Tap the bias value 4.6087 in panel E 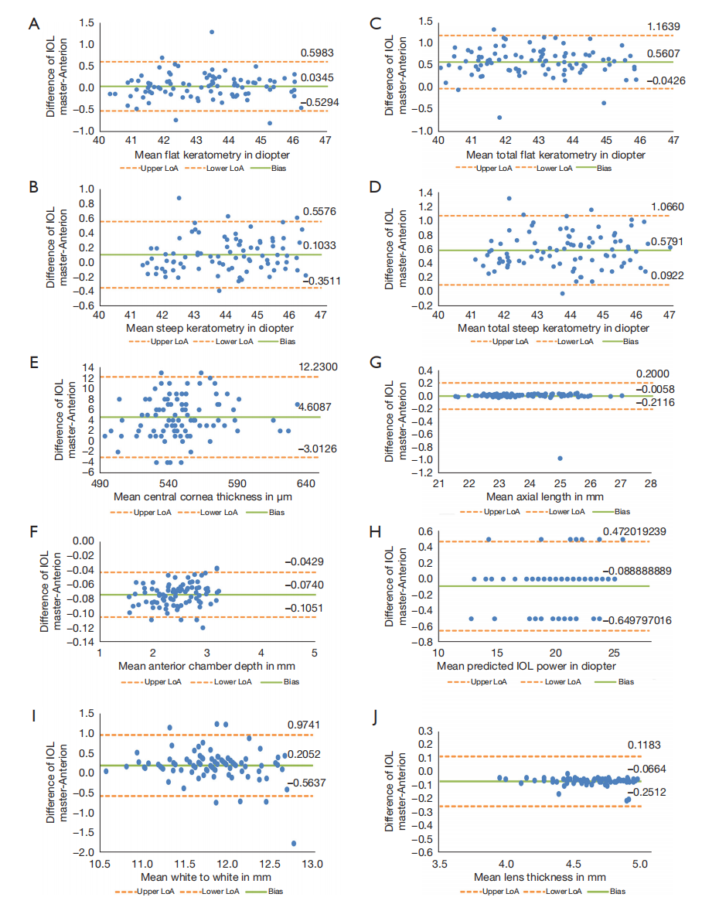coord(315,407)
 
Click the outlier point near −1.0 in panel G coord(560,459)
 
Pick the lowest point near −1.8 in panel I coord(293,844)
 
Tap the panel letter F coord(33,533)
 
